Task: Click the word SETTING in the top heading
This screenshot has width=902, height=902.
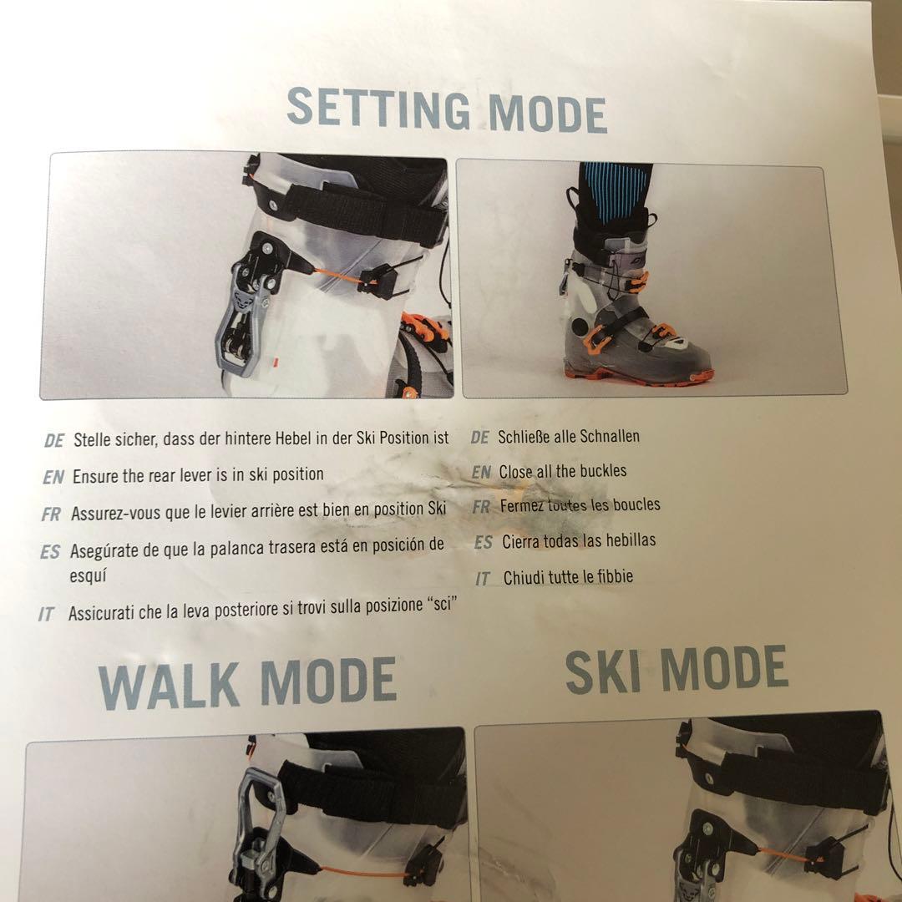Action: tap(378, 108)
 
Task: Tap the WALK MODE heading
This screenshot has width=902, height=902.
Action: tap(248, 683)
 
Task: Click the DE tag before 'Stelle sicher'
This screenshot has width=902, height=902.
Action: tap(54, 441)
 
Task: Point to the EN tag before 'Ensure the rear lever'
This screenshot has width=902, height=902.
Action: tap(53, 478)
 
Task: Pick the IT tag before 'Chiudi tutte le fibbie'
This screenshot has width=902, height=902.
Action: tap(483, 579)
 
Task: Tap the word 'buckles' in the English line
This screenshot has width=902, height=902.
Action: tap(603, 470)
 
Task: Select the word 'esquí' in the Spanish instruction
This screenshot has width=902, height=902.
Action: tap(88, 575)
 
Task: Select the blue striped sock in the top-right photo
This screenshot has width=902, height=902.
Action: tap(616, 193)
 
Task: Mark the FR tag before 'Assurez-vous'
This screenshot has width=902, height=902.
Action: tap(51, 514)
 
